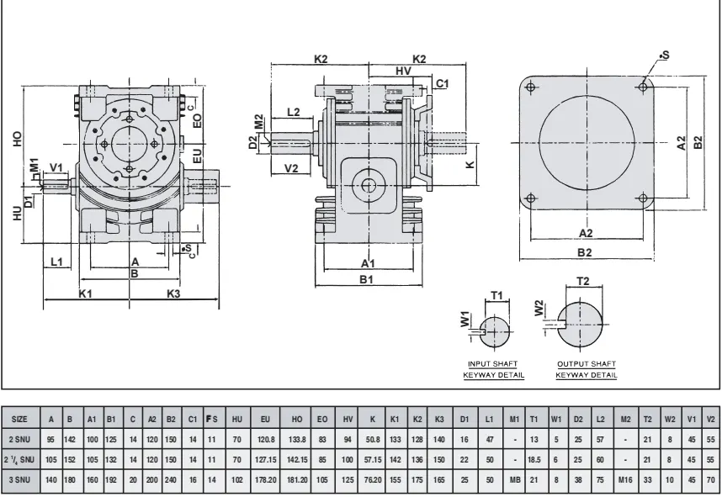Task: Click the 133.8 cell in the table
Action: (297, 439)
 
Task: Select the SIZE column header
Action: (20, 419)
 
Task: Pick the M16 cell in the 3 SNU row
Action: (624, 478)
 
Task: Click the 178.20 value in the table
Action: (266, 478)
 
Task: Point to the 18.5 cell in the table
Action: (534, 459)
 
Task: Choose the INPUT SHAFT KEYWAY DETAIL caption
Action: (496, 368)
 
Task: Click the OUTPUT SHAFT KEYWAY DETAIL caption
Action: (587, 368)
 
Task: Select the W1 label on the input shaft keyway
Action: (465, 320)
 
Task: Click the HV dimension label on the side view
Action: (403, 72)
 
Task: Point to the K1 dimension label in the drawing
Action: (85, 293)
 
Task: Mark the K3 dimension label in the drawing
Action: (173, 293)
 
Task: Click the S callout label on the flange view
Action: (665, 55)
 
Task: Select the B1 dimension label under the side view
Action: (367, 279)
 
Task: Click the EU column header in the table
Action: (266, 419)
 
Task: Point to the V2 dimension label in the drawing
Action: (291, 168)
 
